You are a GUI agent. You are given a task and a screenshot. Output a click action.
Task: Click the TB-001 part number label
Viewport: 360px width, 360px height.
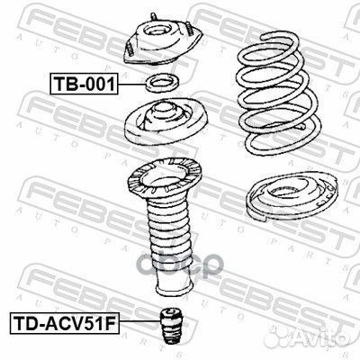[x=84, y=84]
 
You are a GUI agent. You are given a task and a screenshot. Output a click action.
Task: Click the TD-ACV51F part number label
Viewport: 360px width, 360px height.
[x=65, y=323]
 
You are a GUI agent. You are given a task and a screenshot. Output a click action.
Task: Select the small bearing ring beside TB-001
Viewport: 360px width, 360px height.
[x=163, y=83]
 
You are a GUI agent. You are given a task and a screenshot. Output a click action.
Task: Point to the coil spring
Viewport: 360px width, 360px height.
[x=278, y=94]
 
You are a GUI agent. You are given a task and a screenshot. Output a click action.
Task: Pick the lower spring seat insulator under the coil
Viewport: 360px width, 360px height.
[x=291, y=196]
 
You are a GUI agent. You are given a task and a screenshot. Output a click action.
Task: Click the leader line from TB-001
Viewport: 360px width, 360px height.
[x=131, y=84]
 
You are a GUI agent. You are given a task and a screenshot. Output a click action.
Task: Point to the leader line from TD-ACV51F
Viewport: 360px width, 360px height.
[x=139, y=321]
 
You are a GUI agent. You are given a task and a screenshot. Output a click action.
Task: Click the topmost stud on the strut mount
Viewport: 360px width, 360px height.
[x=153, y=16]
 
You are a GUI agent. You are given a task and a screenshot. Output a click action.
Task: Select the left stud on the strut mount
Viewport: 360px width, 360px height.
[x=130, y=49]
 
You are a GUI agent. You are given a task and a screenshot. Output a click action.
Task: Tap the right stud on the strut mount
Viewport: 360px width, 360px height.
[x=189, y=29]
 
